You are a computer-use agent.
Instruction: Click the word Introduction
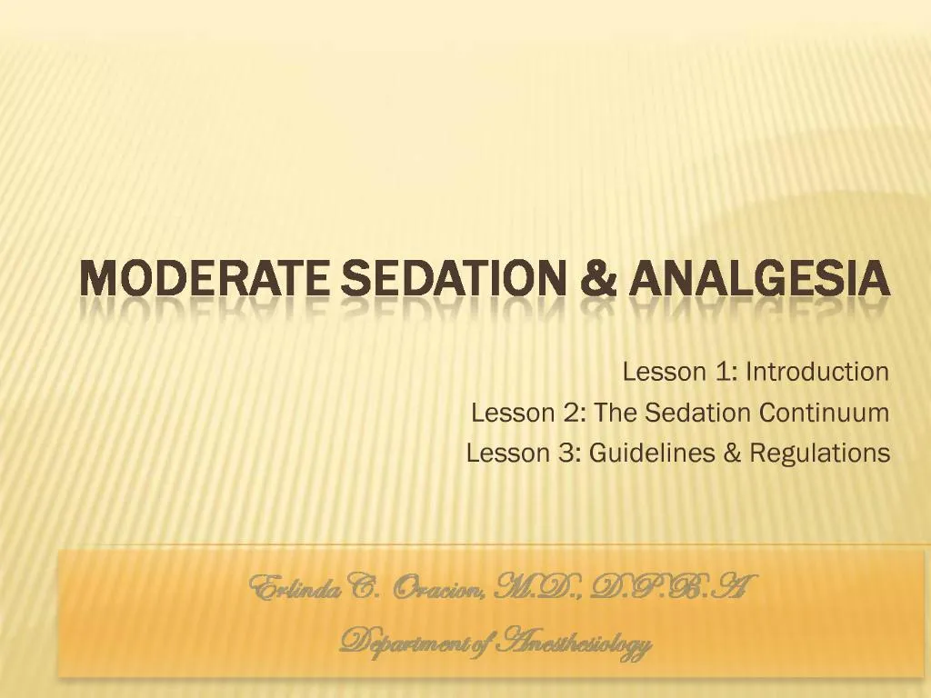pyautogui.click(x=817, y=372)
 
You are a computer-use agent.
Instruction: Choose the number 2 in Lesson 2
pyautogui.click(x=573, y=413)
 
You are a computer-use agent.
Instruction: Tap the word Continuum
pyautogui.click(x=824, y=413)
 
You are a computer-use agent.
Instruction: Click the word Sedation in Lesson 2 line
pyautogui.click(x=698, y=413)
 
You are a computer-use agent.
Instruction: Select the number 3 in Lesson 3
pyautogui.click(x=568, y=453)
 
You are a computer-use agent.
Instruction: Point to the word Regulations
pyautogui.click(x=819, y=453)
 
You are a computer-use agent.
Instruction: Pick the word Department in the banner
pyautogui.click(x=405, y=644)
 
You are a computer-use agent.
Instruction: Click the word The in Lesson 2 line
pyautogui.click(x=616, y=413)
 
